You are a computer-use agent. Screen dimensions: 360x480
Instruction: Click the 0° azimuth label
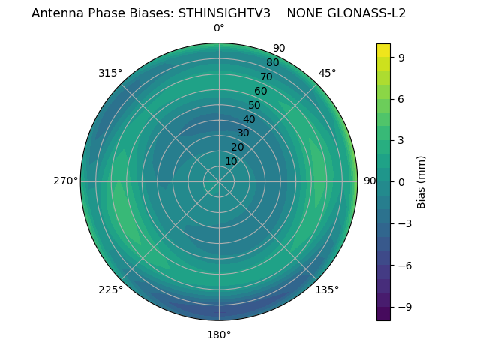(x=219, y=28)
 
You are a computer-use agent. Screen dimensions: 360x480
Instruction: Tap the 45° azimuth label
(x=328, y=73)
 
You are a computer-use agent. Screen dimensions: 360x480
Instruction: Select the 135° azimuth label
(x=327, y=289)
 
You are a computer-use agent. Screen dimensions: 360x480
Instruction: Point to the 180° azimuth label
(x=219, y=334)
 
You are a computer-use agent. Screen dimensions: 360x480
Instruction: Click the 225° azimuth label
(x=110, y=289)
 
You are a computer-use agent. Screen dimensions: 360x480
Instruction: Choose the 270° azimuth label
(x=65, y=181)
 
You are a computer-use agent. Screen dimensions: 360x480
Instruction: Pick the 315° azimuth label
(x=110, y=73)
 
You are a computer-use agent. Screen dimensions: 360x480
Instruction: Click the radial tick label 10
(x=231, y=161)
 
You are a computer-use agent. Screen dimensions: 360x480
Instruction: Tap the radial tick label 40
(x=249, y=119)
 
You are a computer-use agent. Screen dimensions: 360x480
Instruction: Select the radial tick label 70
(x=266, y=76)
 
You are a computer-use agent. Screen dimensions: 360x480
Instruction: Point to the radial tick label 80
(x=272, y=62)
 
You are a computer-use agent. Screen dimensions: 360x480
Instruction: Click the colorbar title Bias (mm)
(x=421, y=181)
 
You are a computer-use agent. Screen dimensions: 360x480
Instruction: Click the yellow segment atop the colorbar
(x=383, y=50)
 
